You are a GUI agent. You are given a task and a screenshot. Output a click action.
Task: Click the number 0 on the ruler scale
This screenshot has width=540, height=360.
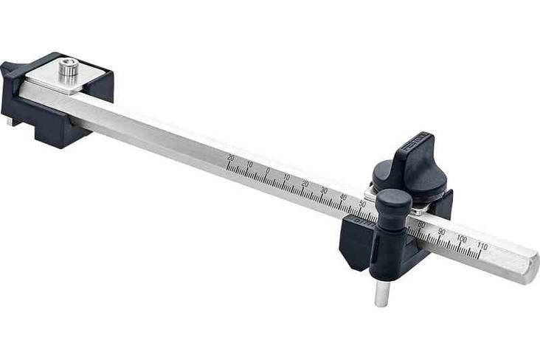tap(267, 171)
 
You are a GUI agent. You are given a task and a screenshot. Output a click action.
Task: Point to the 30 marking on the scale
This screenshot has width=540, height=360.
tap(324, 190)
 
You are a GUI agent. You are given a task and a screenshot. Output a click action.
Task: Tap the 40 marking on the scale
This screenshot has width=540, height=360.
tap(343, 196)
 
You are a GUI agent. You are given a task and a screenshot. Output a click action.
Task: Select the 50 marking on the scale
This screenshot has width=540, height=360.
tap(362, 203)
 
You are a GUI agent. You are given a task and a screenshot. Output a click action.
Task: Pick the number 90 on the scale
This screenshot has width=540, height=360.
tap(442, 232)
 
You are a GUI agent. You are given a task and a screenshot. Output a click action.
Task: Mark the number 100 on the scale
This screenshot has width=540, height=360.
tap(463, 239)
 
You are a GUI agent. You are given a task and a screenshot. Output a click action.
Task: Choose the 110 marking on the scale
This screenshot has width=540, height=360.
tap(483, 246)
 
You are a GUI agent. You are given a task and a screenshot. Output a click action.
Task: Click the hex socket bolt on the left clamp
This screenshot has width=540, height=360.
tap(69, 70)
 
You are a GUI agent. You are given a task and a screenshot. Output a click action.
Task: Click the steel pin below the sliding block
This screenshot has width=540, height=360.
tap(381, 292)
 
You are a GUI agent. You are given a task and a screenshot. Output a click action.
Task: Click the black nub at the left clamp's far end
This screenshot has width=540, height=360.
tap(8, 72)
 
